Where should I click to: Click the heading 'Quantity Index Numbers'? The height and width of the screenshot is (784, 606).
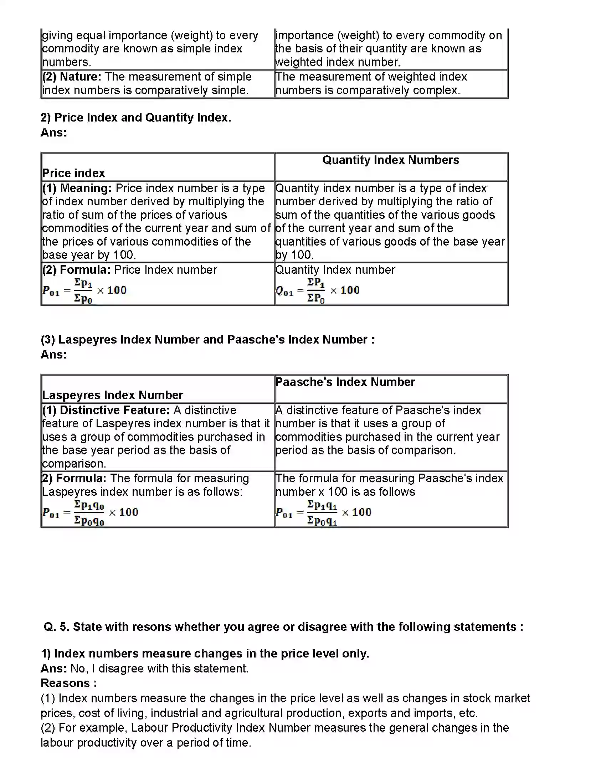tap(391, 160)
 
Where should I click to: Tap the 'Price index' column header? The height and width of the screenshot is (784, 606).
tap(73, 173)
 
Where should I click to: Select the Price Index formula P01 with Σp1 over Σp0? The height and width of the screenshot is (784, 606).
tap(84, 290)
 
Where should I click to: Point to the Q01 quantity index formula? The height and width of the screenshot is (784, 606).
tap(317, 290)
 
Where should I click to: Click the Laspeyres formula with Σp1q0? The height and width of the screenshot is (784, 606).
tap(90, 512)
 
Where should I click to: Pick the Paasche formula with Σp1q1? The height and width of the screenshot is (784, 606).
tap(323, 512)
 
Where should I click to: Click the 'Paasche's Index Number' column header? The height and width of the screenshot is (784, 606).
tap(345, 382)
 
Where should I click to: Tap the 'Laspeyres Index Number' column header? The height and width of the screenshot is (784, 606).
tap(112, 395)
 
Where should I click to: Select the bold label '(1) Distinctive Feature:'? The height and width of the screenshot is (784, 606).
tap(106, 410)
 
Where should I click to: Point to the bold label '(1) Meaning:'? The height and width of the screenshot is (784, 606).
tap(77, 189)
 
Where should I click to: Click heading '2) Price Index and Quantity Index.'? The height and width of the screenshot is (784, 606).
tap(136, 118)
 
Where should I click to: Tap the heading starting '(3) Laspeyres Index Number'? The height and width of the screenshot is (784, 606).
tap(207, 340)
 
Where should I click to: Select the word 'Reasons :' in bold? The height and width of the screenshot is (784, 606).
tap(68, 683)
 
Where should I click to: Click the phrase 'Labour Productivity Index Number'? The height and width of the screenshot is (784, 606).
tap(220, 728)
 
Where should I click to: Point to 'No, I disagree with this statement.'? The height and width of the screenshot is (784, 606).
tap(159, 669)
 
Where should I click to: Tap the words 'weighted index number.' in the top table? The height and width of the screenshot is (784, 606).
tap(338, 62)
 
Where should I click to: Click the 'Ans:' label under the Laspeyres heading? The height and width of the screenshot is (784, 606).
tap(53, 355)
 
